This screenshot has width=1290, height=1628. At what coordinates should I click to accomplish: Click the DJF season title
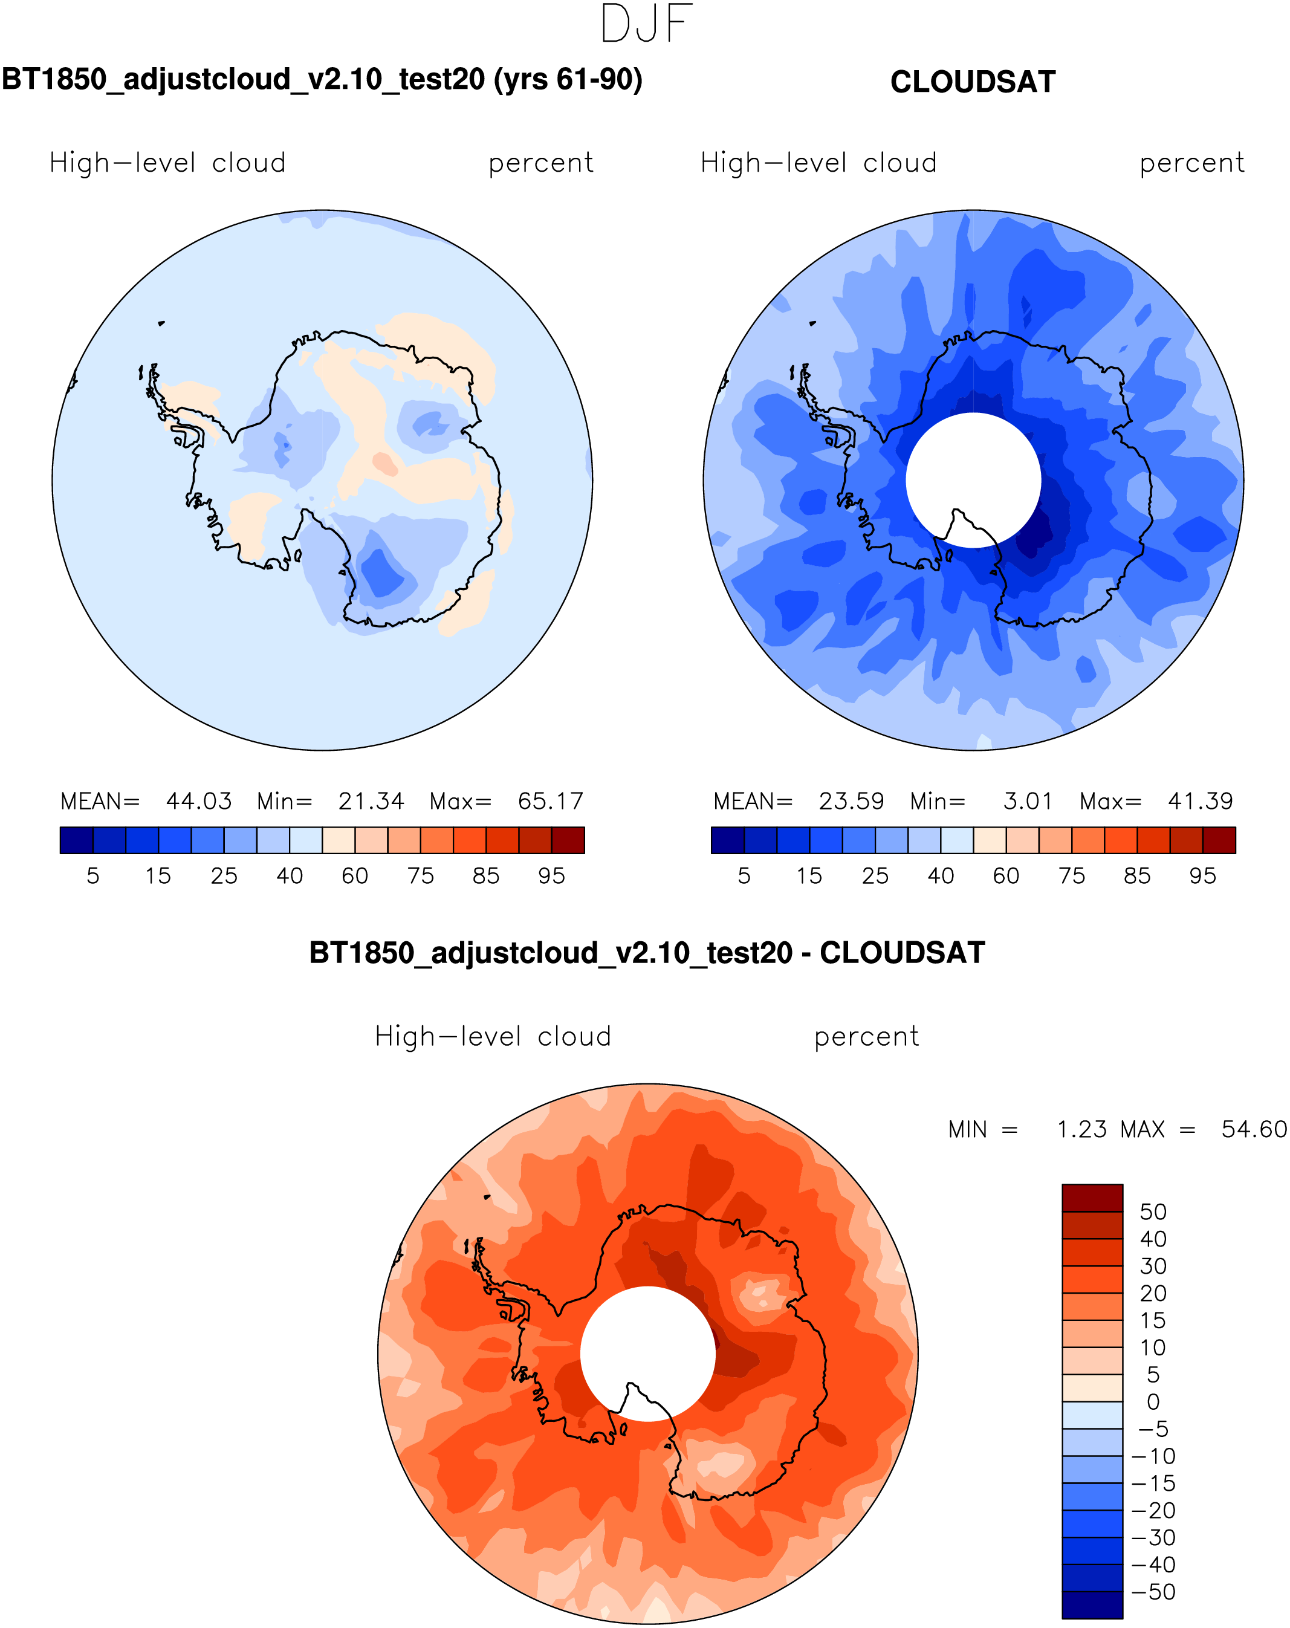click(646, 24)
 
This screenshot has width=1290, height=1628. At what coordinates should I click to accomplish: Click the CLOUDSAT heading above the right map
click(972, 82)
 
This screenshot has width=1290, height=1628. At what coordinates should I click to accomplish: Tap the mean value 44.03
click(199, 801)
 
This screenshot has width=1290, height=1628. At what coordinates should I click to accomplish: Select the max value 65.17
click(551, 801)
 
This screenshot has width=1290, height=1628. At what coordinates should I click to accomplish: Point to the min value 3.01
click(1027, 801)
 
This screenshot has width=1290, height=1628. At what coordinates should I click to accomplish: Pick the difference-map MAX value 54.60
click(1254, 1130)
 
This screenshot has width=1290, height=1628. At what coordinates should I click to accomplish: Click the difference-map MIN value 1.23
click(1081, 1130)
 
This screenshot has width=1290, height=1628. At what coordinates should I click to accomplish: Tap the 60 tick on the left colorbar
click(355, 876)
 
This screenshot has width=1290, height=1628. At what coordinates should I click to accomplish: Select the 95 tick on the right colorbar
click(1202, 876)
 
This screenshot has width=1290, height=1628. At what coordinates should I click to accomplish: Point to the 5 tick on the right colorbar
click(744, 876)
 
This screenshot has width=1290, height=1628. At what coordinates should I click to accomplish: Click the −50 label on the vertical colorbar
click(1153, 1592)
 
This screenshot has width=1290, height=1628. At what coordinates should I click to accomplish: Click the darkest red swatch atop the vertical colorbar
click(1092, 1198)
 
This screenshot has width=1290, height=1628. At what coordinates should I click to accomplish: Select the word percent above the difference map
click(866, 1037)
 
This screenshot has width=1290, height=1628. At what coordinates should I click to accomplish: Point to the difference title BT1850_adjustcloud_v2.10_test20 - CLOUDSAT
click(646, 953)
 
